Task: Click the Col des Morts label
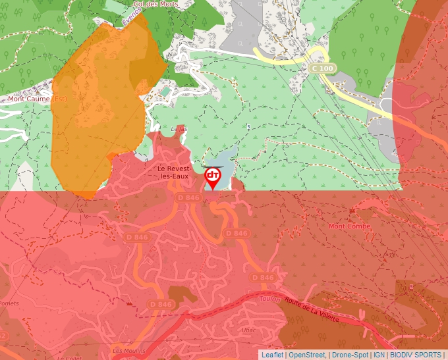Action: [x=155, y=4]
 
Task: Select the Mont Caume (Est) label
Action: [x=38, y=99]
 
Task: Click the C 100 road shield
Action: [x=323, y=68]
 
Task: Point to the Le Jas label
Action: [x=178, y=129]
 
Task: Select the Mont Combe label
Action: [x=349, y=226]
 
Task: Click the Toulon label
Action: [x=270, y=299]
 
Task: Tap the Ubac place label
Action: [x=248, y=330]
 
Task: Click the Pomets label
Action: [x=9, y=303]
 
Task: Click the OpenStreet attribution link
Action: [x=307, y=355]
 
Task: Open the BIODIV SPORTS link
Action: [x=416, y=355]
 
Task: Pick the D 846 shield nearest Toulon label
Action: [x=263, y=278]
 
